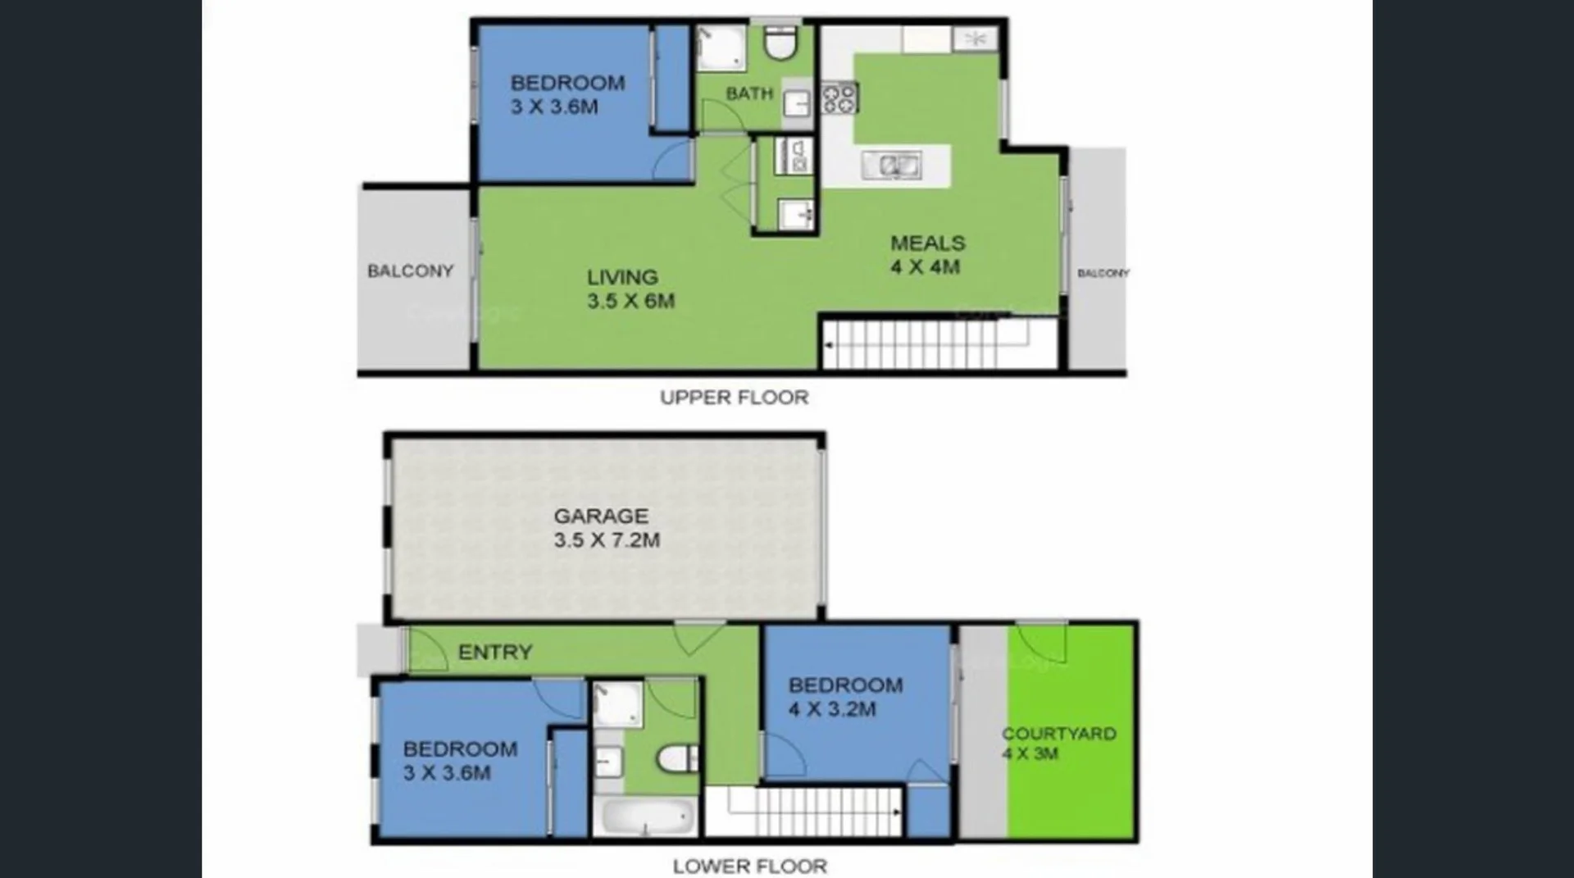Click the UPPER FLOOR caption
[734, 398]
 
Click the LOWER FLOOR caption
[749, 866]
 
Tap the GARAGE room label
[601, 516]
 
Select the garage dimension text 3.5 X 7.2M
[607, 540]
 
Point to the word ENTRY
[495, 653]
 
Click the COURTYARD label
[1058, 734]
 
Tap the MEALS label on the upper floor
[928, 243]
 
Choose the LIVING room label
[622, 277]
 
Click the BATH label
[749, 93]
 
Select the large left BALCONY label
[410, 271]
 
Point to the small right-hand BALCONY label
[1103, 273]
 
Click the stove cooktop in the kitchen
[839, 98]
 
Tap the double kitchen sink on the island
[892, 166]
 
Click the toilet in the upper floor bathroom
[780, 43]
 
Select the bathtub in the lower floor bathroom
[645, 817]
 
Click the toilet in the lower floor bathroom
[679, 759]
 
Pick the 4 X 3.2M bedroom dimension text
[832, 709]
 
